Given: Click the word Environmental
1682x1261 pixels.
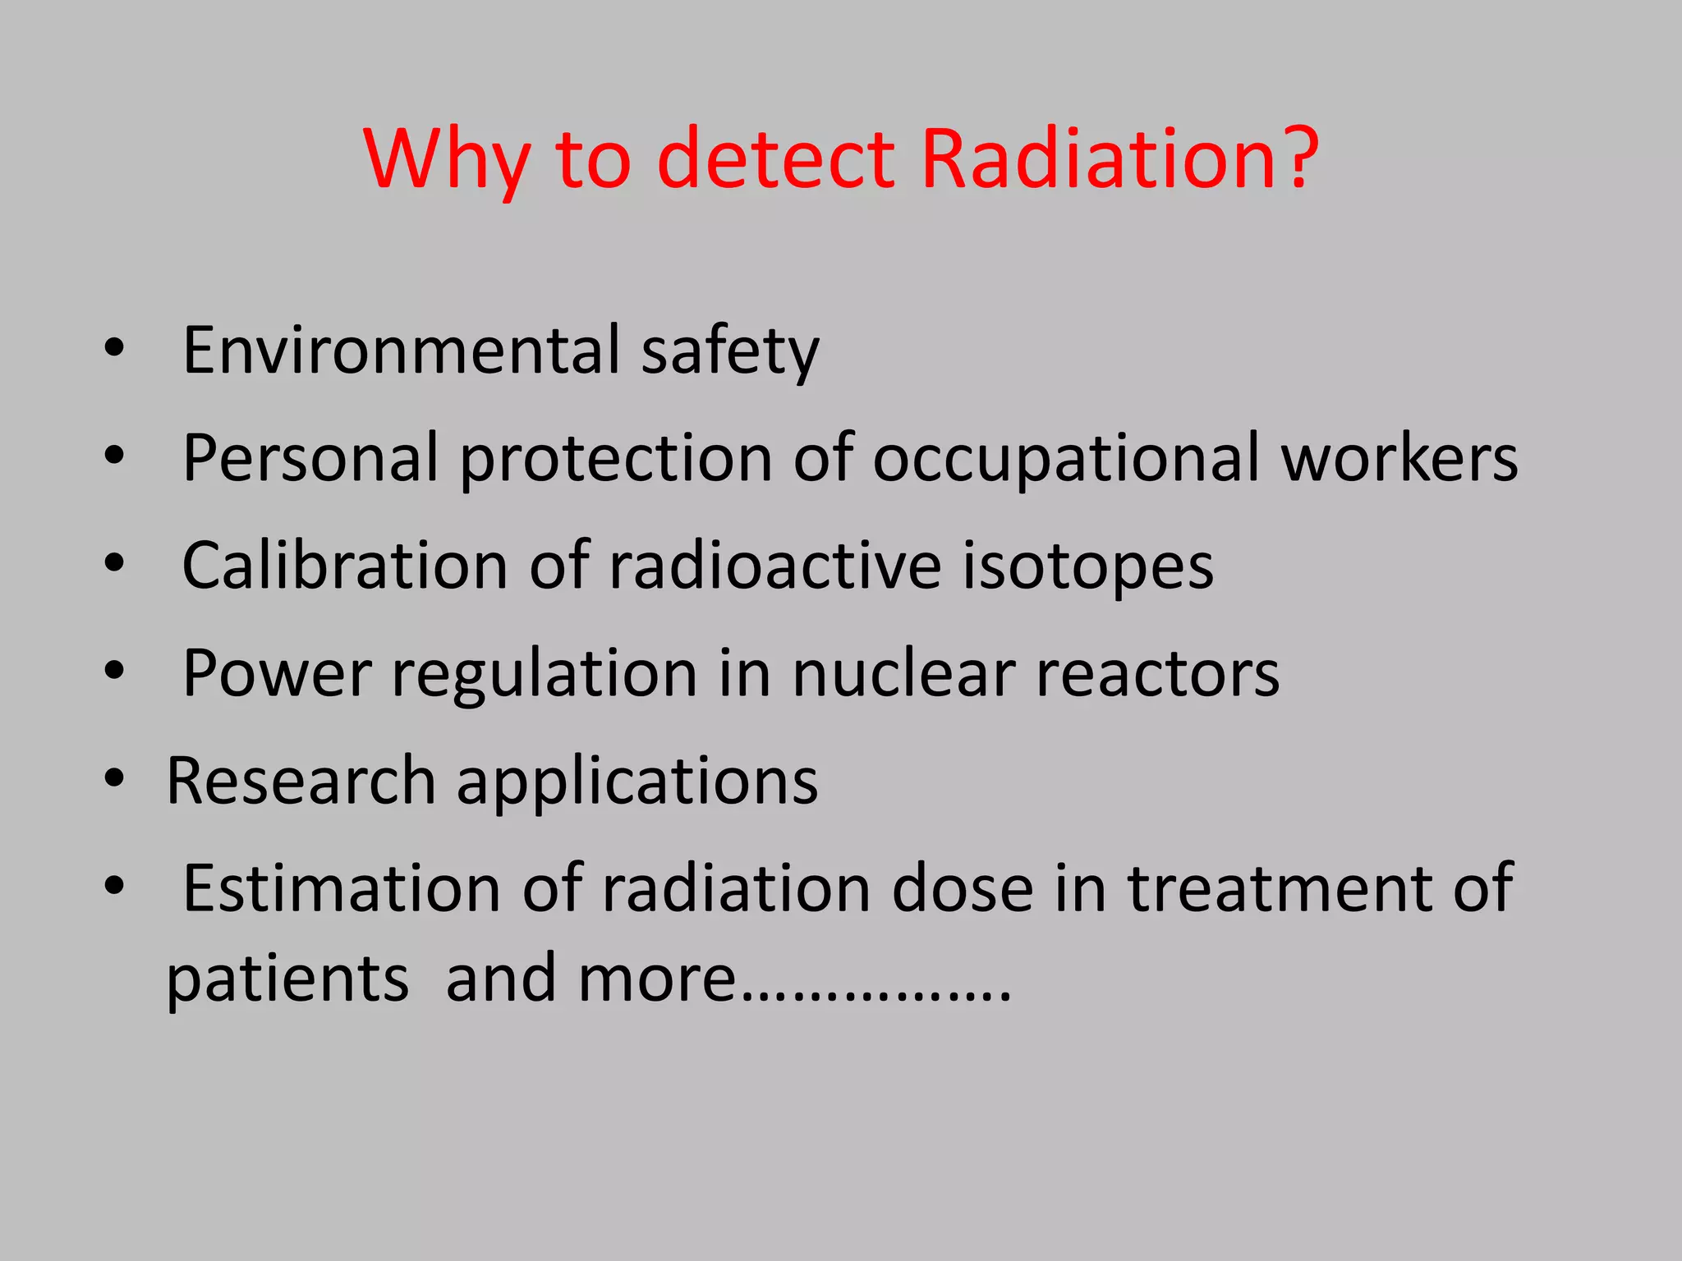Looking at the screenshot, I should [401, 351].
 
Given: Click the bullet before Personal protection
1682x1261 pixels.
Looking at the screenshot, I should [114, 455].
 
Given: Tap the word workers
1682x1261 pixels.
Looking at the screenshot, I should [1399, 458].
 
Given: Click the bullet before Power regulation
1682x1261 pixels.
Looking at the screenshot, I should [114, 671].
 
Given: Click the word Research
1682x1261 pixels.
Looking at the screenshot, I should [301, 781].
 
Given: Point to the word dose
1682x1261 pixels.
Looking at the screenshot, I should [963, 889].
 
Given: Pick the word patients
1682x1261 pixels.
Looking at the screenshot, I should [287, 980].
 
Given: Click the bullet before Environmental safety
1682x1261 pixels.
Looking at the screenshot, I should [114, 348].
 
